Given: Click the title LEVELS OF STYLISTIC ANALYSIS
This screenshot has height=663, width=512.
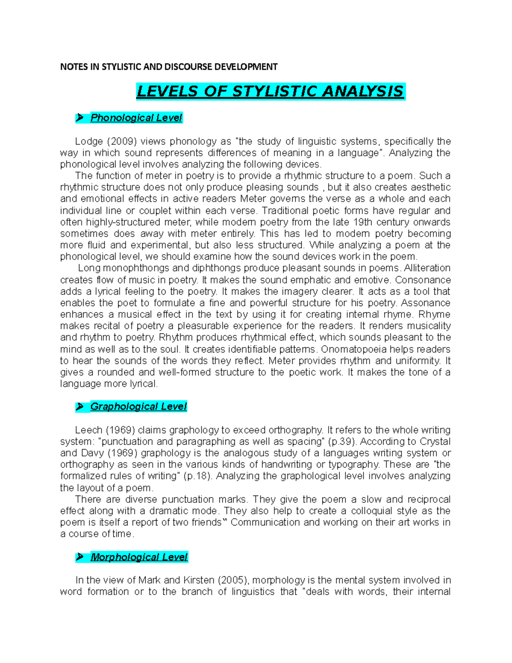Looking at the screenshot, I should click(x=270, y=91).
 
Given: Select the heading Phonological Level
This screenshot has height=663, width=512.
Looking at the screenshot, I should click(x=136, y=118).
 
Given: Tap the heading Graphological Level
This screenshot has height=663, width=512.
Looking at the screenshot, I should click(x=138, y=406).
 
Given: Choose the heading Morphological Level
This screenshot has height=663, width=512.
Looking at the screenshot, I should click(x=139, y=557).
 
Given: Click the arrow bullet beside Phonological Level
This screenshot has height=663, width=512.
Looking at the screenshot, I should click(x=79, y=118).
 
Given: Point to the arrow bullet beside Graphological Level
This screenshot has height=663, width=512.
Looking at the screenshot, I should click(x=79, y=407).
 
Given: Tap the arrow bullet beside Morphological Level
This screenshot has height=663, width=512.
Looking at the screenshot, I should click(x=79, y=557).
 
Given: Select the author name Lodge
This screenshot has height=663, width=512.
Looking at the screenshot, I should click(x=89, y=141).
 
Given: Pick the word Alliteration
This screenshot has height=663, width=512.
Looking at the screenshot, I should click(x=427, y=268).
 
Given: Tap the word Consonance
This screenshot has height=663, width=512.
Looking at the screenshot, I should click(x=423, y=280).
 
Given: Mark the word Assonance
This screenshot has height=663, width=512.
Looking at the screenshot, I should click(x=425, y=303).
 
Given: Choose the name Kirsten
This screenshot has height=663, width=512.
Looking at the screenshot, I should click(x=199, y=580).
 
